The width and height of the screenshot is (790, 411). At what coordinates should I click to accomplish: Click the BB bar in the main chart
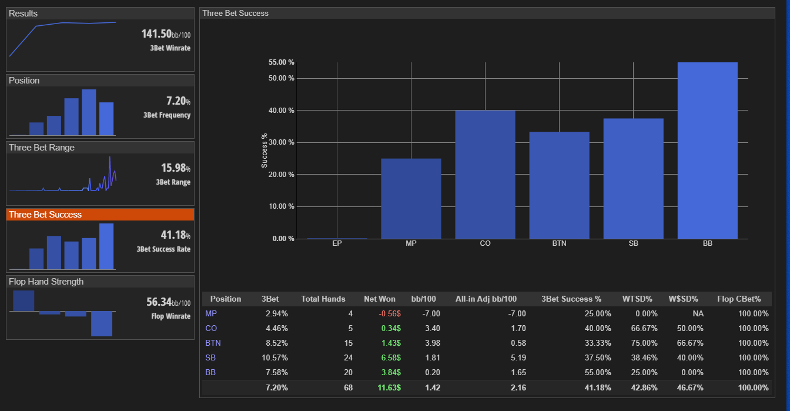[x=708, y=151]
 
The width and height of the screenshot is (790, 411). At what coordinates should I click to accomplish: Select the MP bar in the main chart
[x=411, y=199]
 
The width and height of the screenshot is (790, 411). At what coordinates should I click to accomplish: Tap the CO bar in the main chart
[x=485, y=175]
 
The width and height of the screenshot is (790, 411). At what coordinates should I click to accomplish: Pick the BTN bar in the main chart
[x=560, y=185]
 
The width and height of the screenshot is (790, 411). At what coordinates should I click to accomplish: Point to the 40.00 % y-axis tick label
[x=281, y=111]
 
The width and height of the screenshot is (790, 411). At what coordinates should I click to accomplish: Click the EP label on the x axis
[x=337, y=243]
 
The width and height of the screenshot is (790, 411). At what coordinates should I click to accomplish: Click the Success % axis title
[x=264, y=151]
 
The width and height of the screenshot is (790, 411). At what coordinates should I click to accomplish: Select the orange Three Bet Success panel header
[x=100, y=215]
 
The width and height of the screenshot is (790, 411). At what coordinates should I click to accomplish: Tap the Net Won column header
[x=380, y=299]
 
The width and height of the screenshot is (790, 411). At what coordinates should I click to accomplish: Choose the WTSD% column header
[x=637, y=299]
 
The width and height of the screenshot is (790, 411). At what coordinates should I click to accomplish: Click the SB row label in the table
[x=210, y=357]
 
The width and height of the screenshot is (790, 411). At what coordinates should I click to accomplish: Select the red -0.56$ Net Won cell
[x=389, y=313]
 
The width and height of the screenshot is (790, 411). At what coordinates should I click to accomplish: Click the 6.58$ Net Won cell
[x=391, y=357]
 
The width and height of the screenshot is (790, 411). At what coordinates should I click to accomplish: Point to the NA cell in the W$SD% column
[x=698, y=313]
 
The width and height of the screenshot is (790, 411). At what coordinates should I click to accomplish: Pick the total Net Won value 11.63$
[x=389, y=387]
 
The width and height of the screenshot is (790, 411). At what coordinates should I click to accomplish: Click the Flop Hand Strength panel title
[x=46, y=282]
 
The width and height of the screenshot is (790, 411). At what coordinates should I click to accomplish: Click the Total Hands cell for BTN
[x=349, y=343]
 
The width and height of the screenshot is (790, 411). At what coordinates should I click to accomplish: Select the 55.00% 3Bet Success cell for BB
[x=597, y=373]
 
